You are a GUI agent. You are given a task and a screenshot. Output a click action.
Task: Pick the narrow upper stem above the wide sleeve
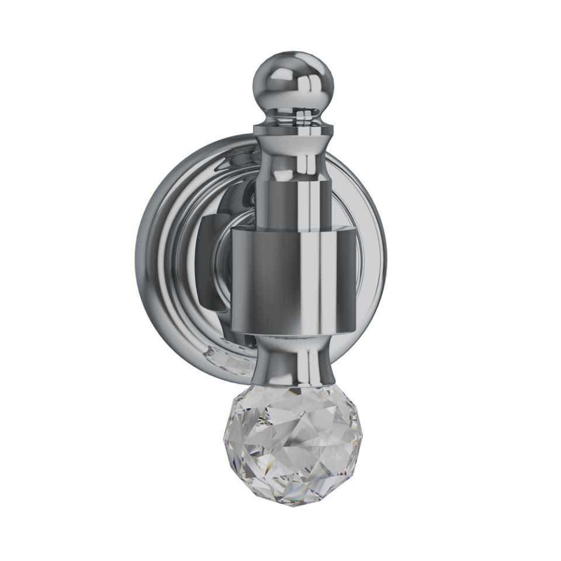292,202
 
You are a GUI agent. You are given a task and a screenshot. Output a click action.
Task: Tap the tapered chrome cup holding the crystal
292,362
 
